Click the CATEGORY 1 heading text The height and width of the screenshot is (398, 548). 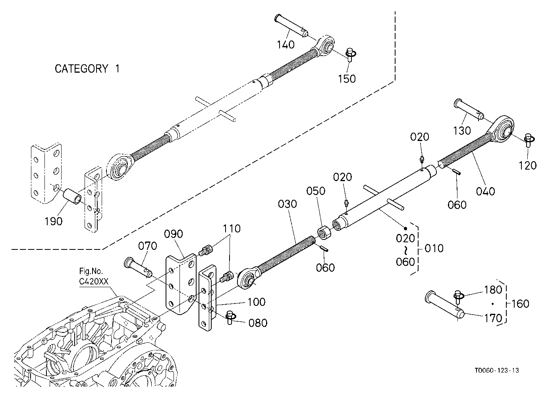(87, 69)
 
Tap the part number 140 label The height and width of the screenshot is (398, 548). (286, 45)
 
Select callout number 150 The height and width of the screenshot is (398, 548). (347, 79)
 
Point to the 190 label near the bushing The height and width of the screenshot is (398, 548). (53, 222)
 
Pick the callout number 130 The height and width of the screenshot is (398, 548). (462, 131)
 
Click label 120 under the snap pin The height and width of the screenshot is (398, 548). (528, 166)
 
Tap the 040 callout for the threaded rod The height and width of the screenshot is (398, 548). (486, 191)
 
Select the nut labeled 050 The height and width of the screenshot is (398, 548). (324, 232)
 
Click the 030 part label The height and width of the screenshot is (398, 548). (288, 204)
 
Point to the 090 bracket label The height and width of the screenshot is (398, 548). (174, 234)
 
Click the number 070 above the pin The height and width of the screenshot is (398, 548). (147, 246)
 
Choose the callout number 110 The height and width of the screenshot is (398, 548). (232, 229)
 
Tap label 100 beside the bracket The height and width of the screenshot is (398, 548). (257, 302)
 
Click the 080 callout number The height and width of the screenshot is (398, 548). (258, 323)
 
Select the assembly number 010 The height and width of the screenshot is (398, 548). (434, 248)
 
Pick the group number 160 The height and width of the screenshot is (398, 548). (520, 304)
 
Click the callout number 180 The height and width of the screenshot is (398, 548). (493, 290)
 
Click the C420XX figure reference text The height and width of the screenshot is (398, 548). (94, 282)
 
